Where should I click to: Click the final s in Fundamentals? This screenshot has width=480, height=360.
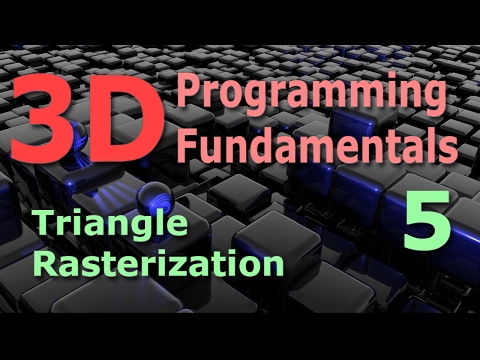click(x=450, y=149)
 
